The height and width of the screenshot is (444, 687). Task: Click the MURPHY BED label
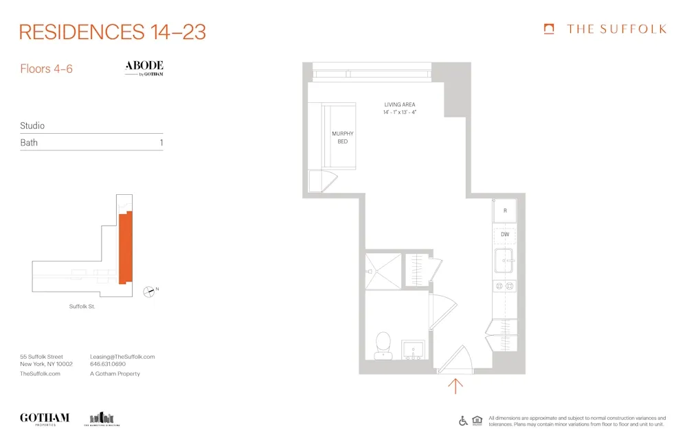pyautogui.click(x=342, y=137)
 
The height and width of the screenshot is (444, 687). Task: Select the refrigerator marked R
pyautogui.click(x=505, y=211)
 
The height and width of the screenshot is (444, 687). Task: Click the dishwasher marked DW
pyautogui.click(x=505, y=235)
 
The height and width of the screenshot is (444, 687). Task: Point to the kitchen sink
pyautogui.click(x=504, y=261)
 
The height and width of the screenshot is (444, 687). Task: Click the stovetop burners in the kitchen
pyautogui.click(x=504, y=285)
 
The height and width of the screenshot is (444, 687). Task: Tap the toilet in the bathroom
pyautogui.click(x=383, y=345)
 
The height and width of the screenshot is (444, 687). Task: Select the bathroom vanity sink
pyautogui.click(x=413, y=350)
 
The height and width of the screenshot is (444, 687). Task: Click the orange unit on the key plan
pyautogui.click(x=125, y=248)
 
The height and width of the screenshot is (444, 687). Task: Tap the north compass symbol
pyautogui.click(x=148, y=292)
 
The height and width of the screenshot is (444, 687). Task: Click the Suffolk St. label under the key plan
pyautogui.click(x=82, y=306)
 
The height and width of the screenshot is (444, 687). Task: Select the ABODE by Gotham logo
pyautogui.click(x=144, y=68)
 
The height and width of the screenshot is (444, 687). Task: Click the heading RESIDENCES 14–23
pyautogui.click(x=113, y=32)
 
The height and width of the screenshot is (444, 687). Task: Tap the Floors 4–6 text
pyautogui.click(x=46, y=69)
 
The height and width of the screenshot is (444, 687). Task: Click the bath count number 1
pyautogui.click(x=161, y=143)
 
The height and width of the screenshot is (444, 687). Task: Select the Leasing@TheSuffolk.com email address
pyautogui.click(x=122, y=357)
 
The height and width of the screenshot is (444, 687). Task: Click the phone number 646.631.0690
pyautogui.click(x=108, y=364)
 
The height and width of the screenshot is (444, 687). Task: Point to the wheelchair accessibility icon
pyautogui.click(x=463, y=421)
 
